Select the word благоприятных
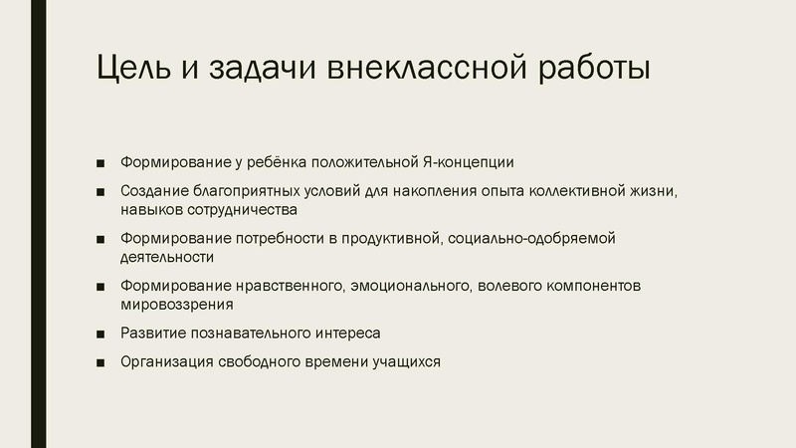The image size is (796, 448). tap(243, 190)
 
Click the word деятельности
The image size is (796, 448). tap(167, 257)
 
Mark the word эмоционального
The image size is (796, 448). tap(409, 286)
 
